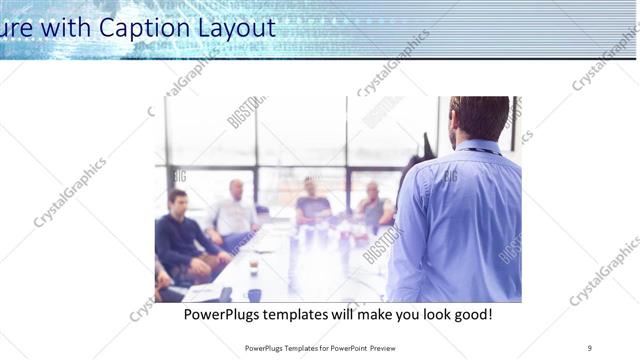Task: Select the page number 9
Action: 590,348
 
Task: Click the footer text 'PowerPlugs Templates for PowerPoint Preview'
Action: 319,348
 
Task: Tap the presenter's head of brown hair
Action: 481,116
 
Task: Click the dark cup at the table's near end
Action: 254,295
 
